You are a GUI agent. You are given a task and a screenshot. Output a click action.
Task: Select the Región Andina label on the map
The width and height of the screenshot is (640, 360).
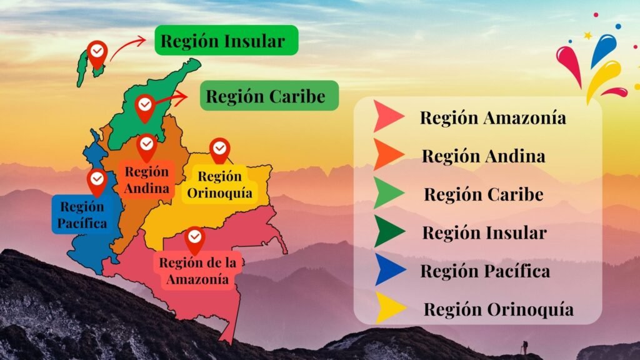(x=147, y=179)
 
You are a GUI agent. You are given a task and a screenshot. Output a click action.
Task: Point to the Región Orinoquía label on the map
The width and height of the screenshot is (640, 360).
(x=220, y=184)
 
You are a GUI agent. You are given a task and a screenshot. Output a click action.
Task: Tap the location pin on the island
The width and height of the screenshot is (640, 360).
(x=97, y=54)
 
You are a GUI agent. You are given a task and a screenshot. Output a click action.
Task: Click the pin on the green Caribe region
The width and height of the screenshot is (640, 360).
(x=145, y=107)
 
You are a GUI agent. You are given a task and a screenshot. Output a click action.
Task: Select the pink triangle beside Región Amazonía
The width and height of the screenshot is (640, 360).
(x=387, y=117)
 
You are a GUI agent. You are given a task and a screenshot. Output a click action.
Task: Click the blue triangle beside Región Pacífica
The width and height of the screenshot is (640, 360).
(x=389, y=272)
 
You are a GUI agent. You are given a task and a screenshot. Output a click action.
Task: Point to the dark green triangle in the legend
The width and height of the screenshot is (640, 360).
(x=389, y=232)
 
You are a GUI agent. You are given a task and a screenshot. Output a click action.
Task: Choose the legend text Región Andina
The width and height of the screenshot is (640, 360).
(x=483, y=156)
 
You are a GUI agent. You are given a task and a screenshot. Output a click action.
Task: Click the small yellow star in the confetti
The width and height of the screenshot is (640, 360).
(x=587, y=36)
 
